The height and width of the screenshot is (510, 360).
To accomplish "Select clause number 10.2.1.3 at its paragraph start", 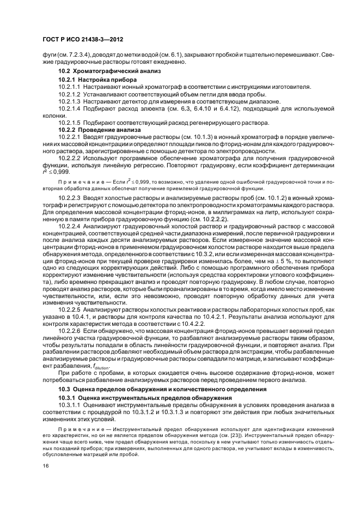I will [69, 101].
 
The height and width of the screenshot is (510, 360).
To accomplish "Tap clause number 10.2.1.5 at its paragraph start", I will [69, 123].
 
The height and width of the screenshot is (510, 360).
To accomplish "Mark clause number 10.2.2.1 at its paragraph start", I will [69, 137].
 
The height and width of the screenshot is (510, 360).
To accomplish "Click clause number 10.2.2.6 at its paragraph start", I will [69, 331].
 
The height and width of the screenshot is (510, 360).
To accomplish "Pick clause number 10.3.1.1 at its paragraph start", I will [69, 406].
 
